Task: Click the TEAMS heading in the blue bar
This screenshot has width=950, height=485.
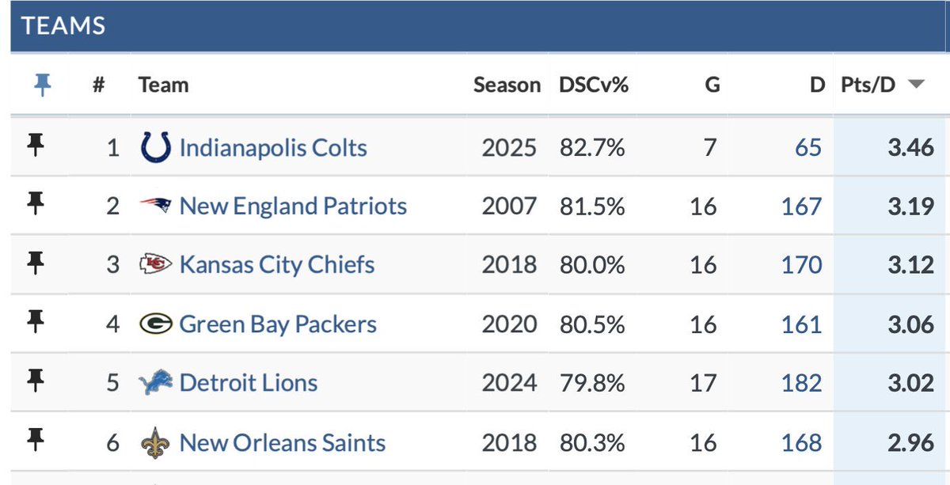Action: click(63, 25)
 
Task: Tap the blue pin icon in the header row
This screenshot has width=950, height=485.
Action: click(43, 85)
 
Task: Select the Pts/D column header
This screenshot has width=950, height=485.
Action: click(868, 85)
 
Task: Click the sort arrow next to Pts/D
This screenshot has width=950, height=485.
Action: click(915, 85)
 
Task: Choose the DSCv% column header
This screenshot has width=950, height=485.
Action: click(593, 85)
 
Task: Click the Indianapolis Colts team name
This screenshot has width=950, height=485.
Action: click(273, 148)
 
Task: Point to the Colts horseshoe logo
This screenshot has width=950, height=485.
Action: click(155, 147)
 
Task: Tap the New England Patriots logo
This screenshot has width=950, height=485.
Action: click(155, 207)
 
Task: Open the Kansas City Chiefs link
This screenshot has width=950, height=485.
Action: click(277, 265)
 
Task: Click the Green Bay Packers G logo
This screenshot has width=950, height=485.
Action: click(155, 324)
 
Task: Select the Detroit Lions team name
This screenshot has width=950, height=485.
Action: click(249, 384)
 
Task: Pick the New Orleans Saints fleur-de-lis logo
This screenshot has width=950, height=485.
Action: click(155, 442)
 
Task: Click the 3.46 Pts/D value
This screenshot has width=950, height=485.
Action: click(910, 148)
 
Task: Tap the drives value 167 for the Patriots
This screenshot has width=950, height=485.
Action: click(801, 207)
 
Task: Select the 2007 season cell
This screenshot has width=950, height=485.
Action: click(509, 207)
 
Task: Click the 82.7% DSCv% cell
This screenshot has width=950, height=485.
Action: click(593, 148)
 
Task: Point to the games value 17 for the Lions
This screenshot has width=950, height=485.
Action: click(703, 384)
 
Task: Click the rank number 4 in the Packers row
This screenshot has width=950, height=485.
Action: click(113, 324)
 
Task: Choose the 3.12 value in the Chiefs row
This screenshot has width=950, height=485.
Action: click(910, 265)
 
